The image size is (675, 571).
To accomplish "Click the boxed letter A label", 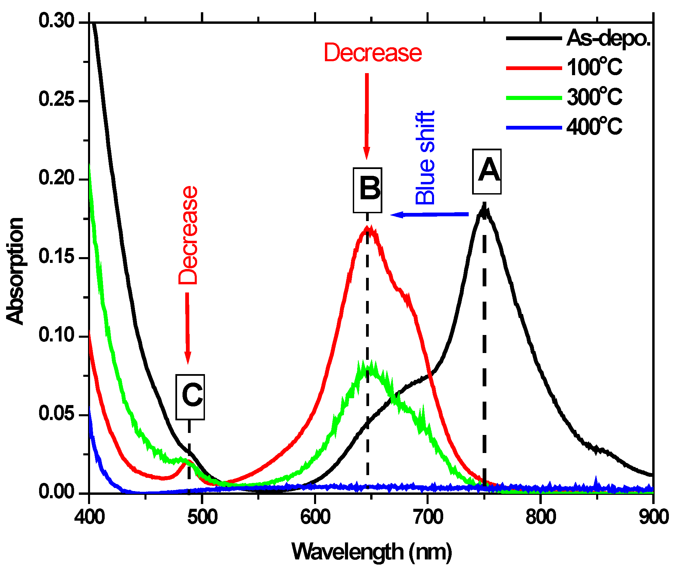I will pos(486,171).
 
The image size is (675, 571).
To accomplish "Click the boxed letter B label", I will pos(367,190).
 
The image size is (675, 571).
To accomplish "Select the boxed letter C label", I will pos(190,397).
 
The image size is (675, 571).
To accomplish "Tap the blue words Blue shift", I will pos(425,158).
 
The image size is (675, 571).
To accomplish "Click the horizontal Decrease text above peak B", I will pos(373,53).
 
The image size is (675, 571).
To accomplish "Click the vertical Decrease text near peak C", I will pos(188,235).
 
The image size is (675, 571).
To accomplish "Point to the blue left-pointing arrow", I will pos(430,214).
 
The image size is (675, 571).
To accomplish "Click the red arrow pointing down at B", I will pos(366,116).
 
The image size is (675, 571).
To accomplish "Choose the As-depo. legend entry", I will pos(578,38).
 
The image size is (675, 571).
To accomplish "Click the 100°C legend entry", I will pos(564,67).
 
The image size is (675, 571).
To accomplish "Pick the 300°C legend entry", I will pos(564,97).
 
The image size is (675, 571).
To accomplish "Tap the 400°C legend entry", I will pos(564,127).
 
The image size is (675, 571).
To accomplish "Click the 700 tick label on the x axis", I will pos(428,517).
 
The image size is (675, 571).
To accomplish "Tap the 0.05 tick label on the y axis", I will pos(56,414).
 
